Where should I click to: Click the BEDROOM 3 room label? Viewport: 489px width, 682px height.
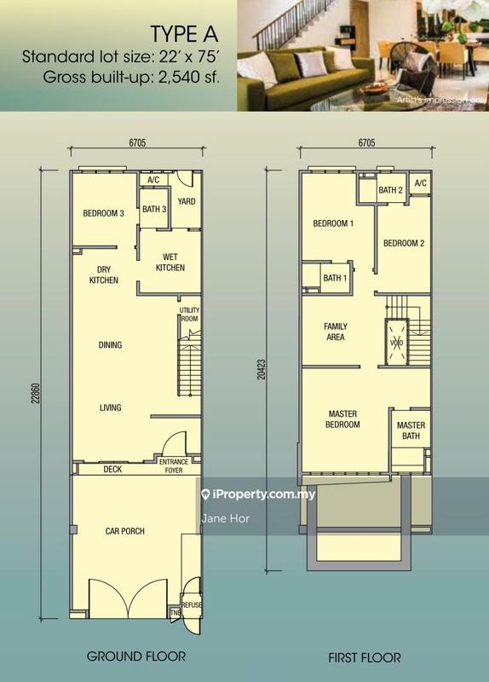click(x=103, y=213)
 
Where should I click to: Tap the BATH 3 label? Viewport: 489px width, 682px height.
click(x=154, y=209)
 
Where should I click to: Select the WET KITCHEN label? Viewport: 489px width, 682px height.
click(x=170, y=263)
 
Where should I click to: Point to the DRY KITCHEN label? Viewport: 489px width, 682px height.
click(x=104, y=275)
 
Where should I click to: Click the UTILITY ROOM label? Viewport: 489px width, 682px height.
click(x=189, y=314)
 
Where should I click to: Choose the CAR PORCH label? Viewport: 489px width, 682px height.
click(x=124, y=531)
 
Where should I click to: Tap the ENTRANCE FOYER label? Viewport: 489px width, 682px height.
click(x=174, y=465)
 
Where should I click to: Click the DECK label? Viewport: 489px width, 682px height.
click(x=112, y=470)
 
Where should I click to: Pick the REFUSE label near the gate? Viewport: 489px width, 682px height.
click(x=191, y=604)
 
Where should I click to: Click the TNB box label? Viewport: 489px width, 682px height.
click(x=175, y=612)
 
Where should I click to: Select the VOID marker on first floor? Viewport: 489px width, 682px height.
click(x=397, y=343)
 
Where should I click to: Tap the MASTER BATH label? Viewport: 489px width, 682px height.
click(x=411, y=431)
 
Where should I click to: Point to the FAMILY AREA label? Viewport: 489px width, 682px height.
click(x=336, y=332)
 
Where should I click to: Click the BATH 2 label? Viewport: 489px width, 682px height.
click(x=391, y=190)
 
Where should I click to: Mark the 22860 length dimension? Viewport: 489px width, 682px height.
click(x=36, y=393)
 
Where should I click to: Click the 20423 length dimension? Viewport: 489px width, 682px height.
click(x=261, y=369)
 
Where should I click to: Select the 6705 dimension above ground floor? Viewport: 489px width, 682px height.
click(x=137, y=142)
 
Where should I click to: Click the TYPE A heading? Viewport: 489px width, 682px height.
click(x=184, y=34)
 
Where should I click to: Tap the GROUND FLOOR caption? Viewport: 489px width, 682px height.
click(x=136, y=656)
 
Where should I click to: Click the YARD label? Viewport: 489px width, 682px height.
click(x=187, y=201)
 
